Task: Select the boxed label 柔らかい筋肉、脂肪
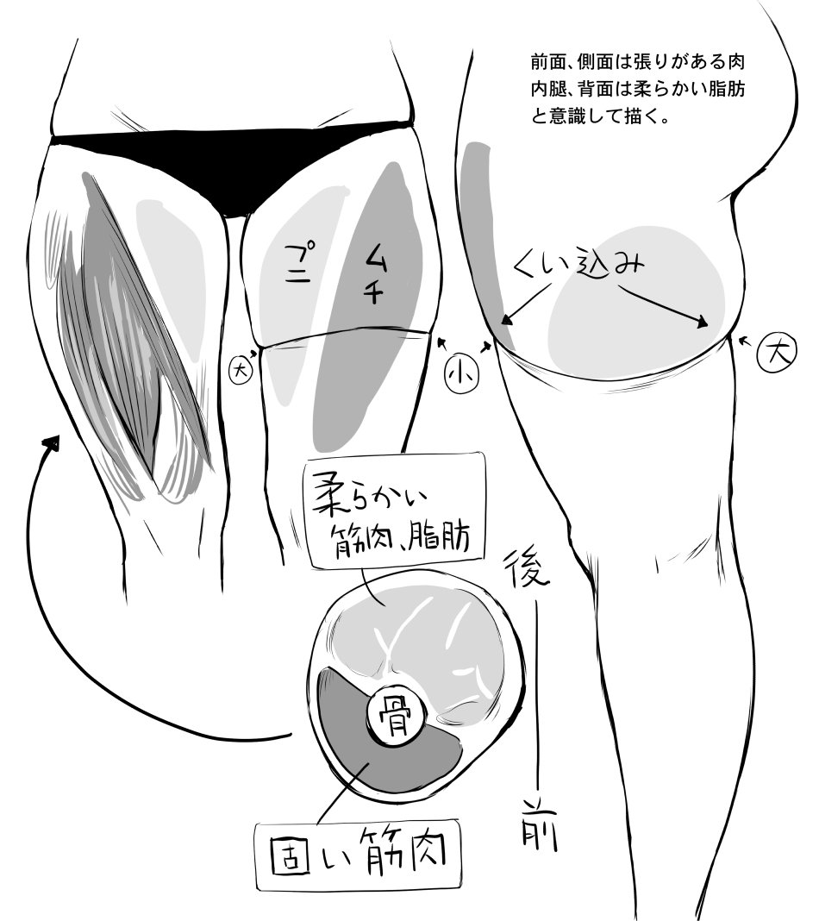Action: point(394,510)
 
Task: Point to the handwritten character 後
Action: point(527,567)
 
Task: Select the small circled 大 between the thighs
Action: point(241,371)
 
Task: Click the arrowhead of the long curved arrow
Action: point(52,443)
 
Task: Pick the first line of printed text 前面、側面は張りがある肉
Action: point(637,62)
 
